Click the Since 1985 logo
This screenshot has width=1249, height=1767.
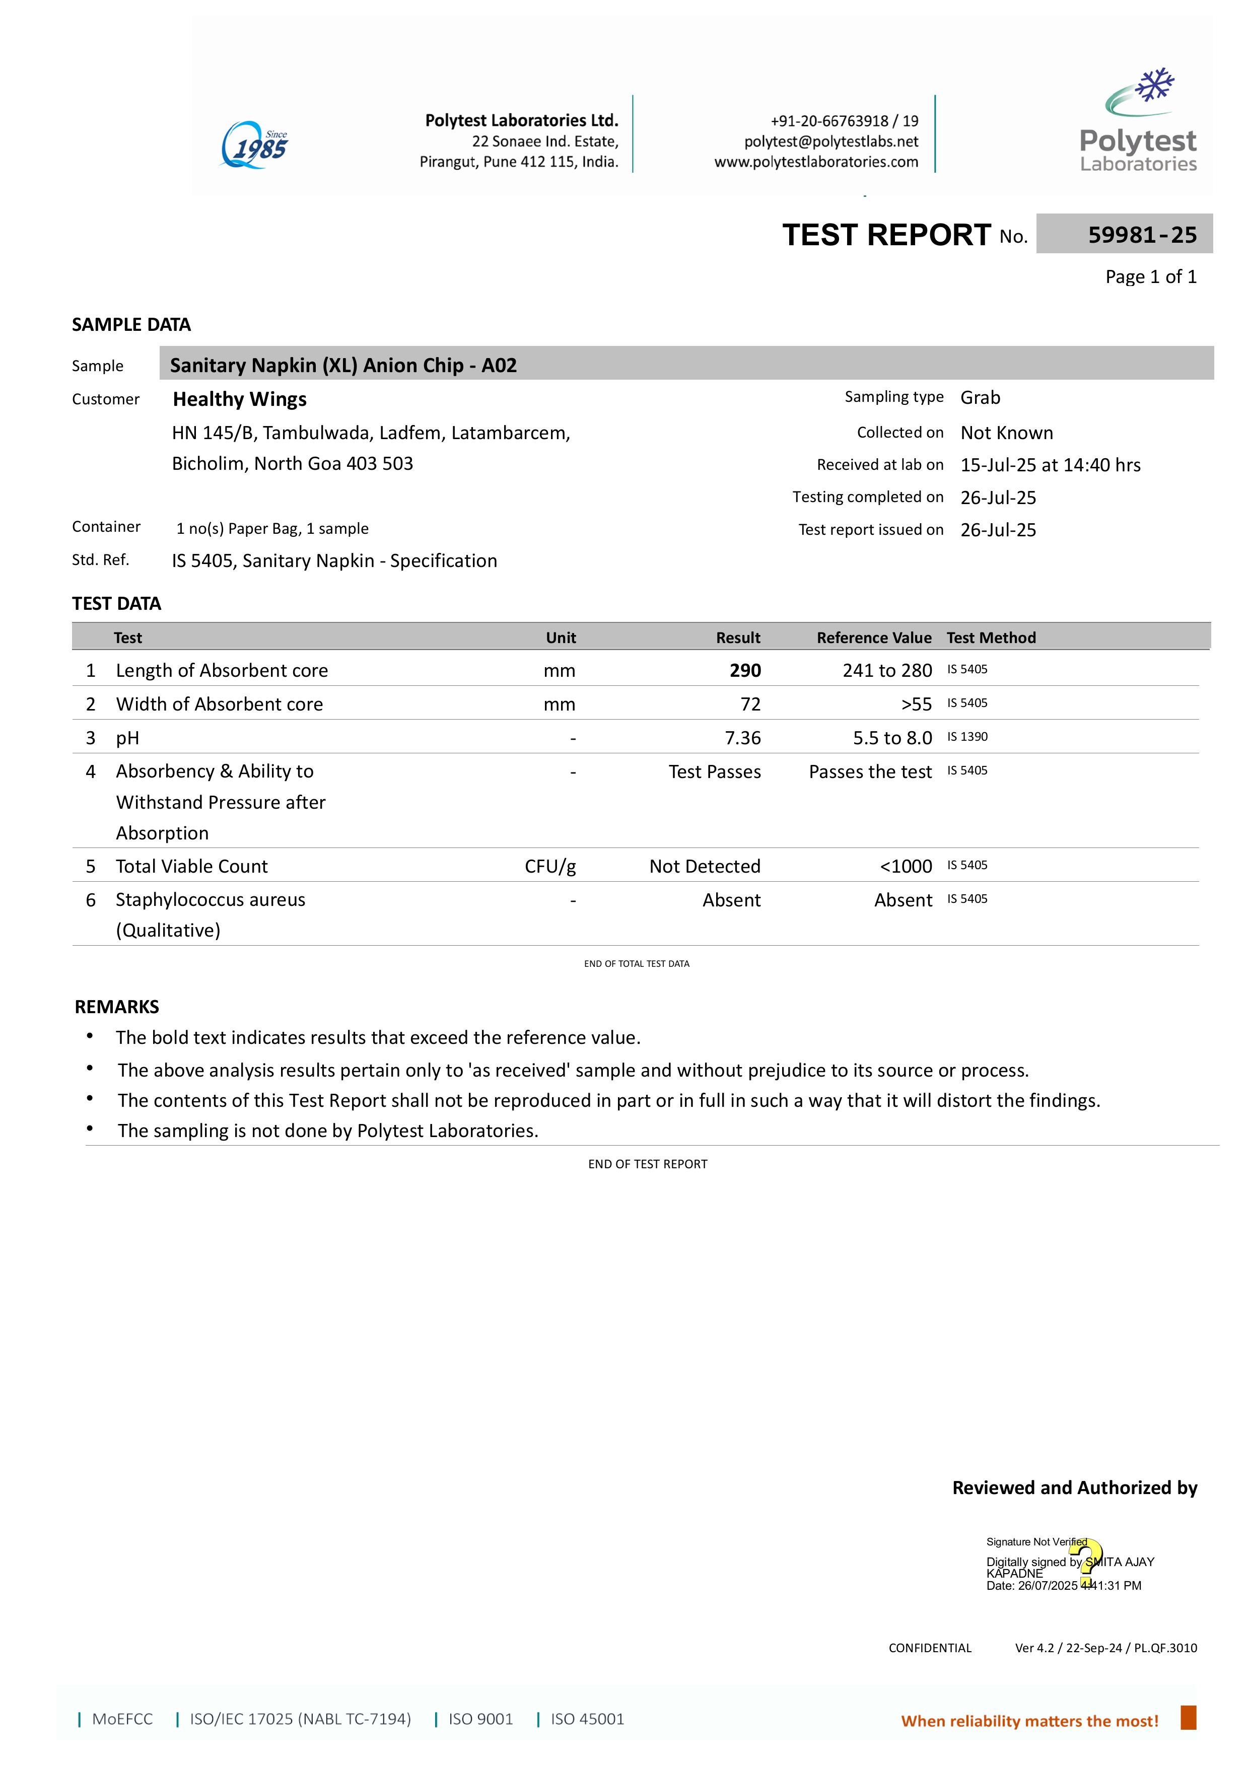click(255, 145)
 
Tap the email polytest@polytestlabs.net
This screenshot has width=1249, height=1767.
click(830, 142)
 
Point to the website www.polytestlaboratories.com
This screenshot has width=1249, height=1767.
click(816, 162)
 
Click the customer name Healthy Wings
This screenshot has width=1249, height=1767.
click(239, 399)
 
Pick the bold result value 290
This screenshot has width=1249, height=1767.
click(745, 670)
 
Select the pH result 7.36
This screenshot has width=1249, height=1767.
click(743, 738)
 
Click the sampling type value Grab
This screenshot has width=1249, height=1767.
click(980, 398)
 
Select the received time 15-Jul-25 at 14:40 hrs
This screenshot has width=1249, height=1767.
click(1050, 465)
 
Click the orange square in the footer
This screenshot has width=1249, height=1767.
click(1188, 1717)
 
